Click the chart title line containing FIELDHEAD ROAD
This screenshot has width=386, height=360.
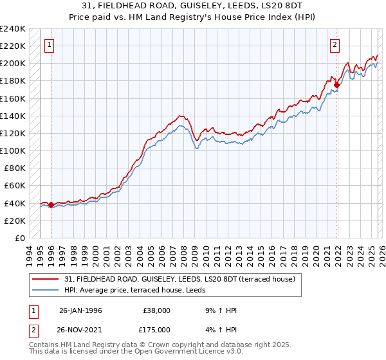[192, 6]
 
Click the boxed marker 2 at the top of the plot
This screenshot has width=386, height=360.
[335, 45]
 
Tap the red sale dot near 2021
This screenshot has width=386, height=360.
[336, 84]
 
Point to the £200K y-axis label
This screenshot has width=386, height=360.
[13, 64]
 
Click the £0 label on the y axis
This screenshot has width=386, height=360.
[19, 238]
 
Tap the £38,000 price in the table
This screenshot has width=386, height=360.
[158, 310]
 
